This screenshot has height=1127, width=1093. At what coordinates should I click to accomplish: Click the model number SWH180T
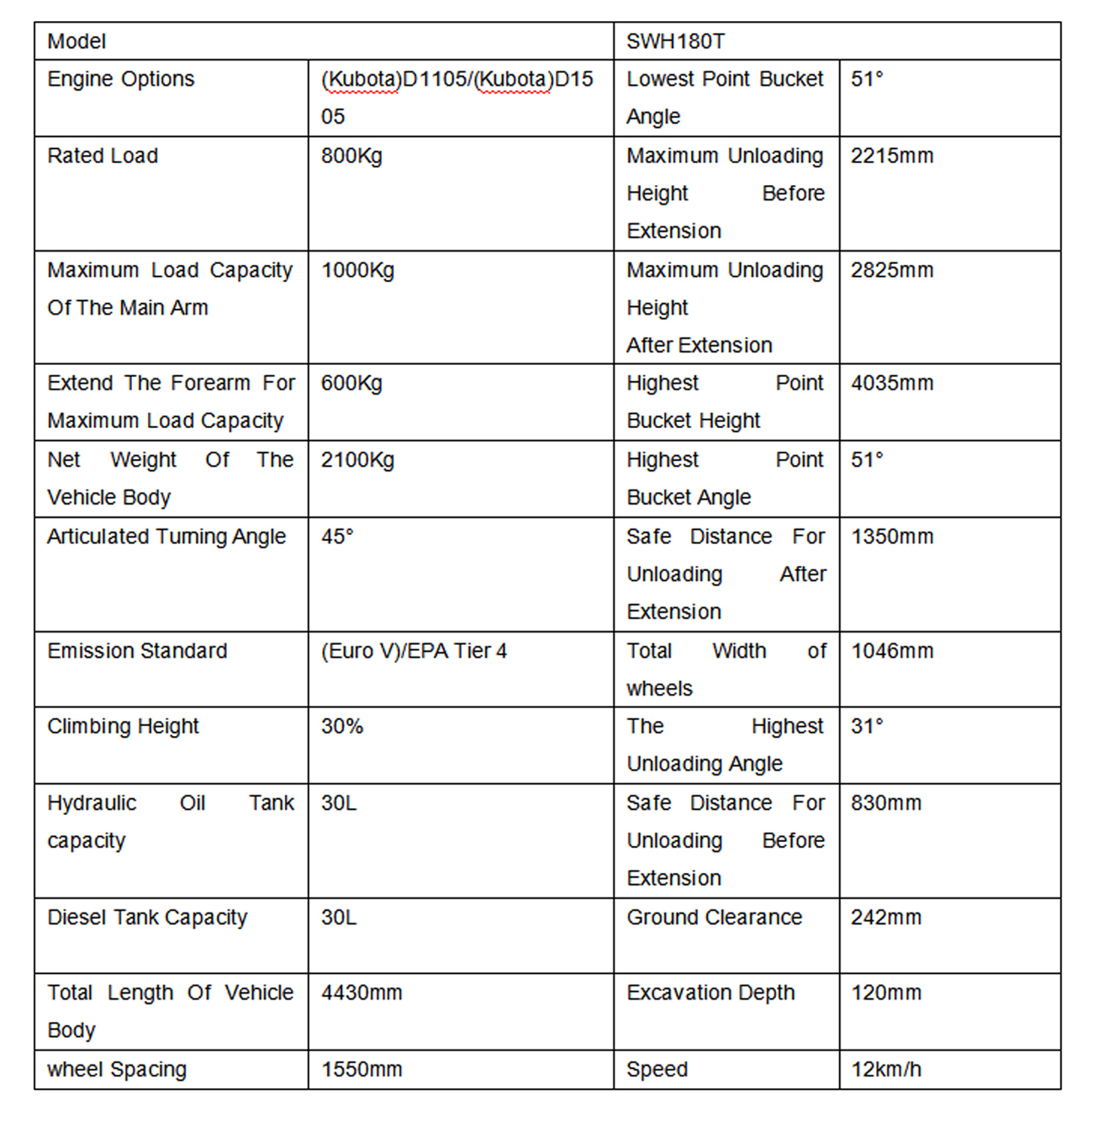pyautogui.click(x=675, y=41)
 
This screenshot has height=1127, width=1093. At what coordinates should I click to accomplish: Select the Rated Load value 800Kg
pyautogui.click(x=351, y=156)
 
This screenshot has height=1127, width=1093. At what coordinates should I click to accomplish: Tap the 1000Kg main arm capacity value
pyautogui.click(x=357, y=270)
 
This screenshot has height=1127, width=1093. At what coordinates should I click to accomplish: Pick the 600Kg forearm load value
pyautogui.click(x=351, y=384)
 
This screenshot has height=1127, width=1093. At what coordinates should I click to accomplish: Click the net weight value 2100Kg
pyautogui.click(x=357, y=460)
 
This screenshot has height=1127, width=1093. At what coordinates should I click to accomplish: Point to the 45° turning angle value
pyautogui.click(x=337, y=537)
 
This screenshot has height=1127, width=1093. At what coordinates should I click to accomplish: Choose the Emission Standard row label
pyautogui.click(x=137, y=651)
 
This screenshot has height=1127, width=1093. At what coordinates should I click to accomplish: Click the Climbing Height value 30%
pyautogui.click(x=342, y=727)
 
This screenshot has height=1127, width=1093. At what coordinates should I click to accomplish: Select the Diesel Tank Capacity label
pyautogui.click(x=147, y=918)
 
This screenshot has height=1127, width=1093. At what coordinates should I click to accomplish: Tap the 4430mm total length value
pyautogui.click(x=362, y=993)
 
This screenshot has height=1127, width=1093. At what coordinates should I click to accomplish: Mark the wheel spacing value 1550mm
pyautogui.click(x=362, y=1070)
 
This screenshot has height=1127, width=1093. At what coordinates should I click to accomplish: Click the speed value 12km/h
pyautogui.click(x=886, y=1070)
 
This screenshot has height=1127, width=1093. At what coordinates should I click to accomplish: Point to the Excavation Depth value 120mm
pyautogui.click(x=886, y=993)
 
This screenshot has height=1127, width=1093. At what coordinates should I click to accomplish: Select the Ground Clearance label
pyautogui.click(x=714, y=918)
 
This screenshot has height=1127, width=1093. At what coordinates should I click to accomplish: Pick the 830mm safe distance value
pyautogui.click(x=886, y=803)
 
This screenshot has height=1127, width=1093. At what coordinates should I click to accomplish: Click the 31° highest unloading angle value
pyautogui.click(x=867, y=727)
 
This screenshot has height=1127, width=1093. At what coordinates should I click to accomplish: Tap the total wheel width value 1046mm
pyautogui.click(x=892, y=651)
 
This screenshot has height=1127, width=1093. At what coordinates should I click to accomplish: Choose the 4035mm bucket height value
pyautogui.click(x=892, y=384)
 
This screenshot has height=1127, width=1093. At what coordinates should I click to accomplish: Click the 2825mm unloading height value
pyautogui.click(x=892, y=270)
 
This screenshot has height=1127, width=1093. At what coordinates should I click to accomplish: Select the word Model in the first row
pyautogui.click(x=77, y=41)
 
